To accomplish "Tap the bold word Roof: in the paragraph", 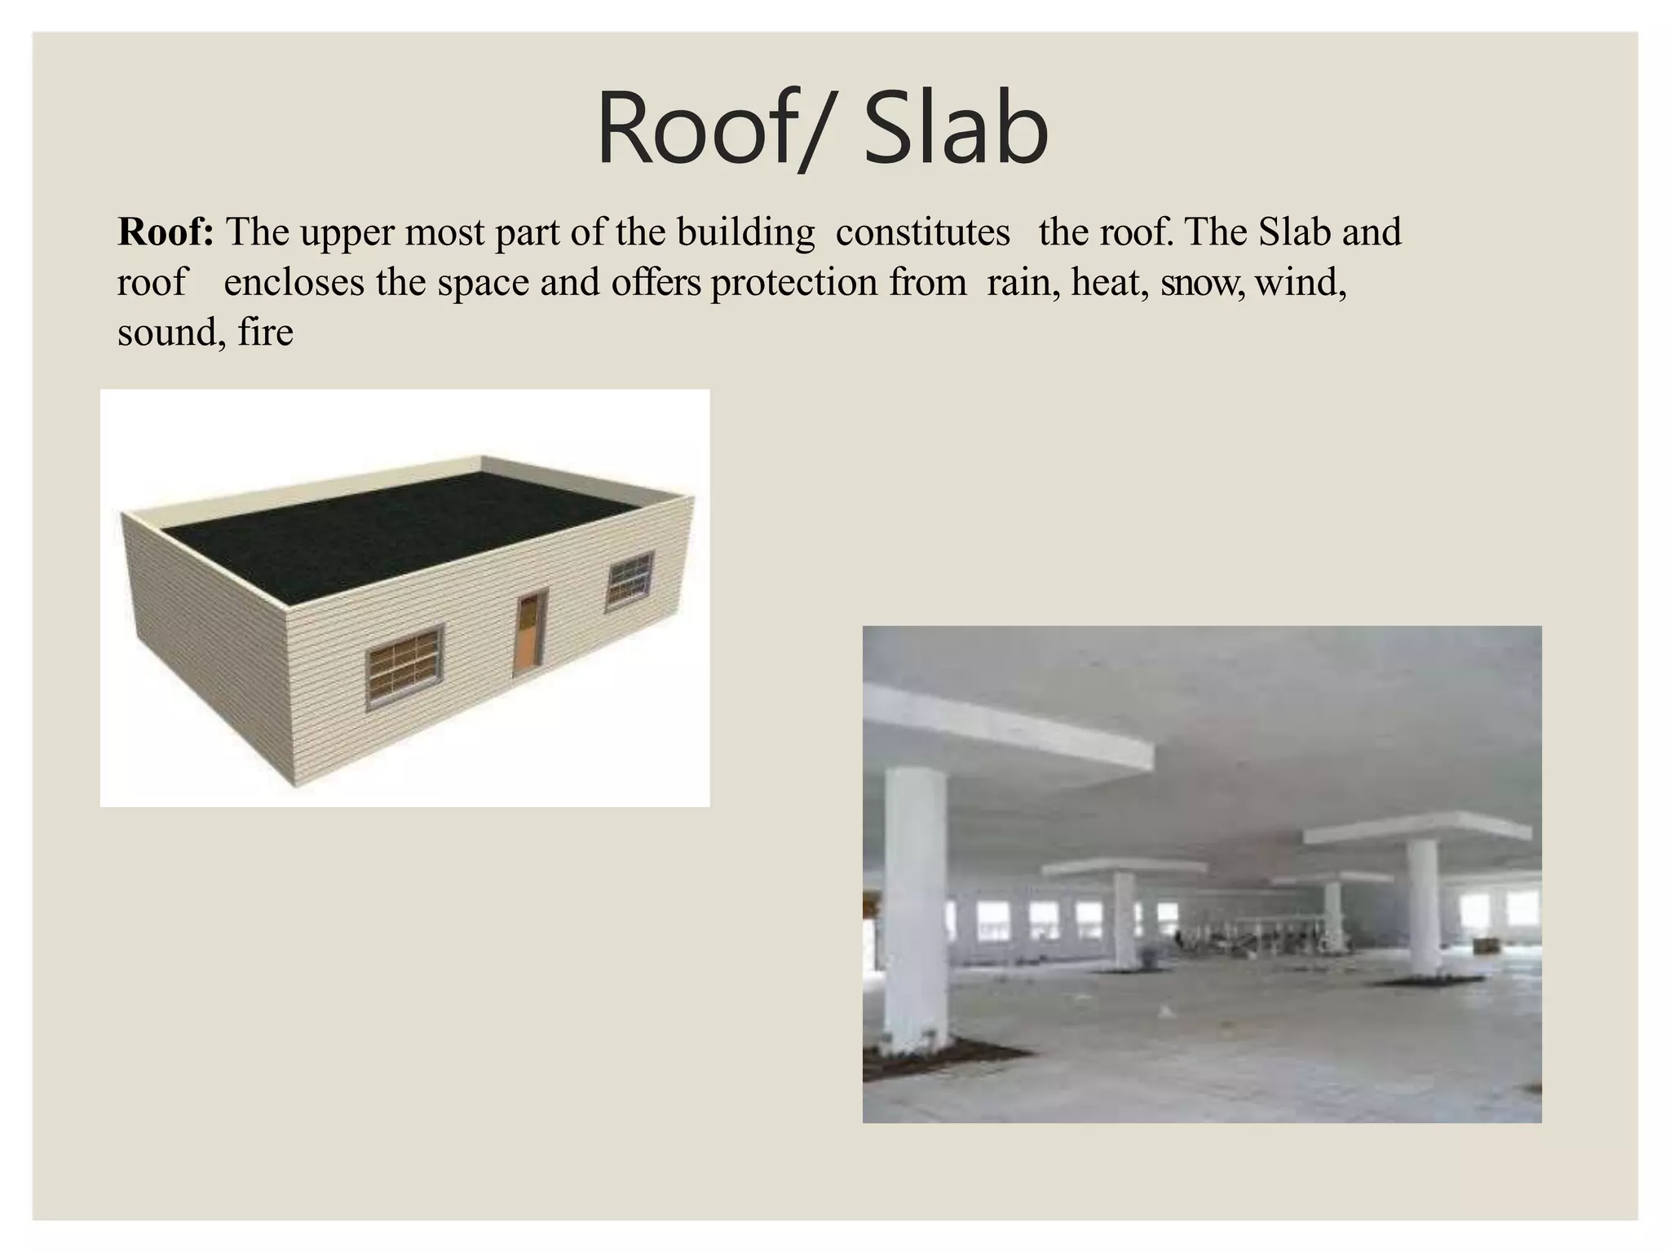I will [x=166, y=232].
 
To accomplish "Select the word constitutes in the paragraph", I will [x=923, y=232].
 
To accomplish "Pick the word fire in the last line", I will [x=266, y=333].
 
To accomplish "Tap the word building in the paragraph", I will [x=746, y=232].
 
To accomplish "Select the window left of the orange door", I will [x=404, y=667].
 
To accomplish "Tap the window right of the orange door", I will [x=630, y=580].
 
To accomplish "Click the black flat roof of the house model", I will [x=400, y=530].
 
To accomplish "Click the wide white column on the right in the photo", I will [x=1433, y=909].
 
